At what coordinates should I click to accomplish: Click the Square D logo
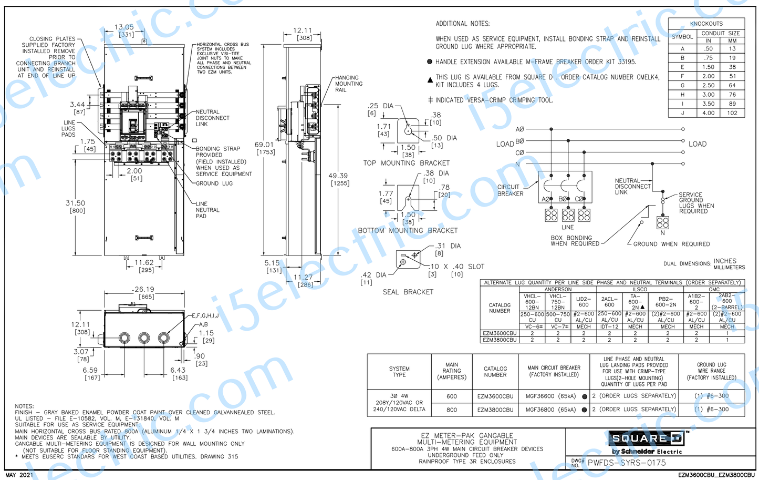[646, 438]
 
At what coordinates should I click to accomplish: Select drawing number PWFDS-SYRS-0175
[626, 463]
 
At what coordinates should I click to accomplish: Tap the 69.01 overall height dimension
[264, 145]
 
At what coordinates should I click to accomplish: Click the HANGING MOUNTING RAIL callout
[348, 84]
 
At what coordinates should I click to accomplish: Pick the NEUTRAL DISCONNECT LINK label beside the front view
[212, 118]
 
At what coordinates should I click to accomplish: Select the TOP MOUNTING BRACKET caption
[406, 163]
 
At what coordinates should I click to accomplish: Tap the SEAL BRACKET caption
[408, 292]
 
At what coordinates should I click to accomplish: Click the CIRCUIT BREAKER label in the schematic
[510, 190]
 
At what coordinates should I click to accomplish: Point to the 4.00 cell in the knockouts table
[708, 113]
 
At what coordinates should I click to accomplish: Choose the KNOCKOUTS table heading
[706, 24]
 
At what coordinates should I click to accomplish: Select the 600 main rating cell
[451, 396]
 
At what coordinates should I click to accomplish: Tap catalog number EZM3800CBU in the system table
[495, 410]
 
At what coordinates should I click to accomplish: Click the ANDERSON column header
[557, 289]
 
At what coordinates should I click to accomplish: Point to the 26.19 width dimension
[143, 289]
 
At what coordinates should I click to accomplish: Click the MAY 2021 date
[19, 475]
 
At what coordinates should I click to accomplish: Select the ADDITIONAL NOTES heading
[462, 24]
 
